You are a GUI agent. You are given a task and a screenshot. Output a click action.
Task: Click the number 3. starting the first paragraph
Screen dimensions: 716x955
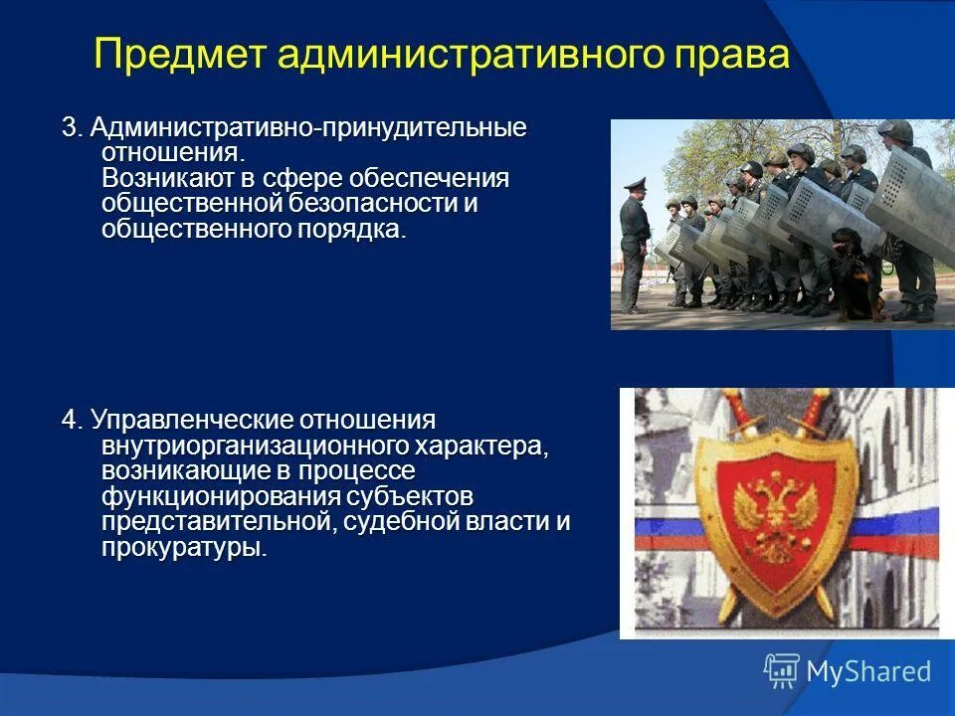73,128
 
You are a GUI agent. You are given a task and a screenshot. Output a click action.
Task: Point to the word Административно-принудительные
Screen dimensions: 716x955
308,128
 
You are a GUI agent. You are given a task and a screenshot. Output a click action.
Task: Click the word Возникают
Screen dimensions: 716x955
167,179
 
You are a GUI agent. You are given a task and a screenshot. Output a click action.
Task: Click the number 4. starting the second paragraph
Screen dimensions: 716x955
73,420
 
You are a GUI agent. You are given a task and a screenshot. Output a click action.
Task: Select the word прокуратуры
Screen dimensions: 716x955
183,548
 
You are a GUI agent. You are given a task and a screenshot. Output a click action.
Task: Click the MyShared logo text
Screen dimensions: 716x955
868,671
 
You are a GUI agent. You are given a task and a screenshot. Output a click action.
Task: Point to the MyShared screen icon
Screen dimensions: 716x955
781,671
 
